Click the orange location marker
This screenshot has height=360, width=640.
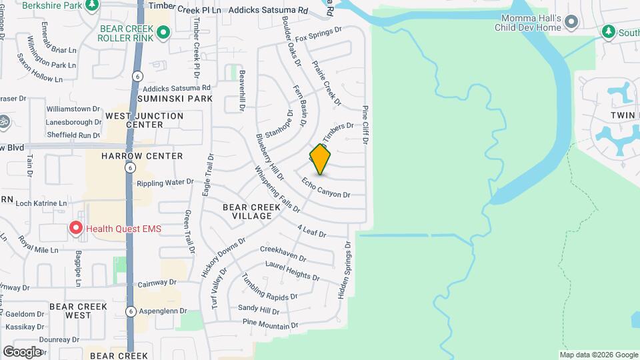pos(321,160)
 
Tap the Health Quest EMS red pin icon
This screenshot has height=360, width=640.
pos(76,229)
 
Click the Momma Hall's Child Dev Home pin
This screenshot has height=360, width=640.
pos(571,23)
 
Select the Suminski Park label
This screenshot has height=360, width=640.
pos(175,99)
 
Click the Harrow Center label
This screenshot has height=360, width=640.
pos(142,156)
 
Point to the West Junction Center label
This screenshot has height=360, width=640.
pos(145,120)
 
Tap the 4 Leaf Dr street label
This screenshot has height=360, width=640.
pos(311,231)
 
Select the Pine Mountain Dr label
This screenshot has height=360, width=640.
pos(271,325)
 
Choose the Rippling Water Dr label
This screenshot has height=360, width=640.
pos(165,181)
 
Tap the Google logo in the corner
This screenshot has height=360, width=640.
pos(22,351)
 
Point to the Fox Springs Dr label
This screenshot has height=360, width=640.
pos(318,35)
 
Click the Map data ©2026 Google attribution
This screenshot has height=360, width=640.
pos(598,355)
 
